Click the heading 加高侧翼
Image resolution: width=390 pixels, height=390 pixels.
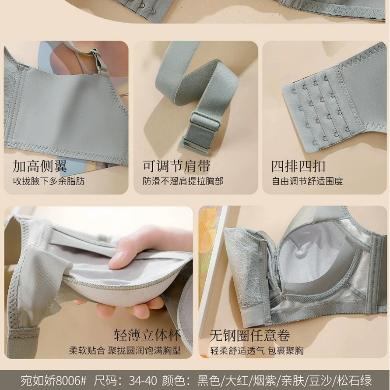[x=40, y=165]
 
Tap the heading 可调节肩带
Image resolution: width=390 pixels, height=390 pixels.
[x=176, y=165]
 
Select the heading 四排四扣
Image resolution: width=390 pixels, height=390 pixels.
[x=298, y=166]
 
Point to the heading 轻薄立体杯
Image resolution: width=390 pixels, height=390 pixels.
[x=147, y=335]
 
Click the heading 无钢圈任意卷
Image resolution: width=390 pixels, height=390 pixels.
[x=250, y=335]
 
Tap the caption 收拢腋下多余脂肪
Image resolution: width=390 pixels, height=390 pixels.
[x=49, y=181]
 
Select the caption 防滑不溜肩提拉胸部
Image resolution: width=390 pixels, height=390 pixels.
[x=183, y=181]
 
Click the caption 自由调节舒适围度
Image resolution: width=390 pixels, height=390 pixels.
[x=307, y=181]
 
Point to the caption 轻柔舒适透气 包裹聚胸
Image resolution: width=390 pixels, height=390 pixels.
[x=257, y=351]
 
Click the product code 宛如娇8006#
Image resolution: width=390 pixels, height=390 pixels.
[x=53, y=380]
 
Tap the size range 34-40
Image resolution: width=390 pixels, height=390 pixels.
[x=143, y=381]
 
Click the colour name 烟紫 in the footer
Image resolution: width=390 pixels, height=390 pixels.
[x=264, y=381]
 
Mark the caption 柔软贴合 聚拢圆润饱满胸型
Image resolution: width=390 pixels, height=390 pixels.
[x=125, y=351]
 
